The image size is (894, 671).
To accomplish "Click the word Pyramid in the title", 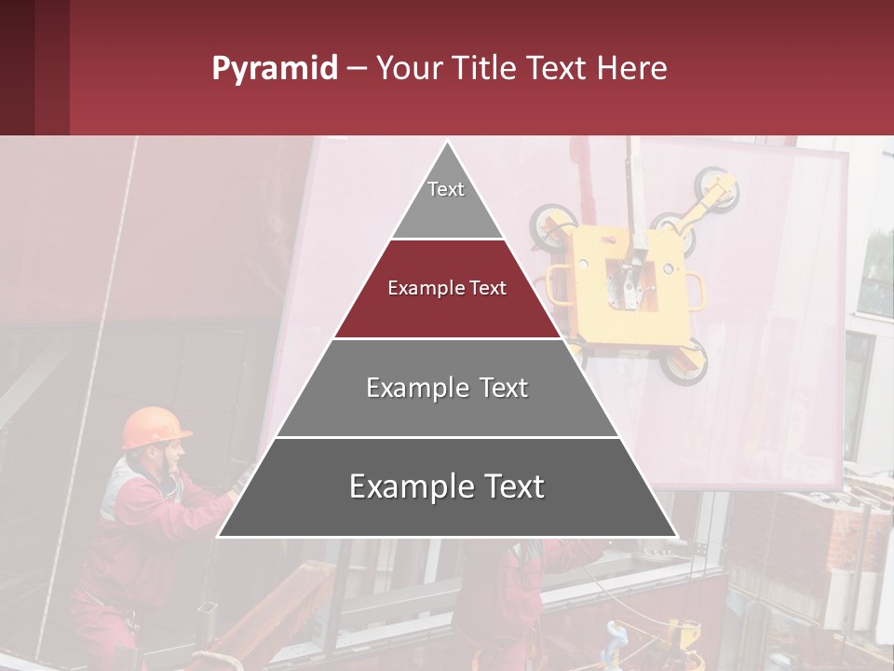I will (274, 69).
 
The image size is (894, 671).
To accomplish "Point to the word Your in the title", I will (411, 68).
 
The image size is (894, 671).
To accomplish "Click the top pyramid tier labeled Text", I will (446, 200).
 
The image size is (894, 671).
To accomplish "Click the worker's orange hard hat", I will (155, 426).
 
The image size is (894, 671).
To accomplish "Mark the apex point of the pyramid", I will (447, 143).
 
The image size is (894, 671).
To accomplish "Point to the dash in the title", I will (357, 69).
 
